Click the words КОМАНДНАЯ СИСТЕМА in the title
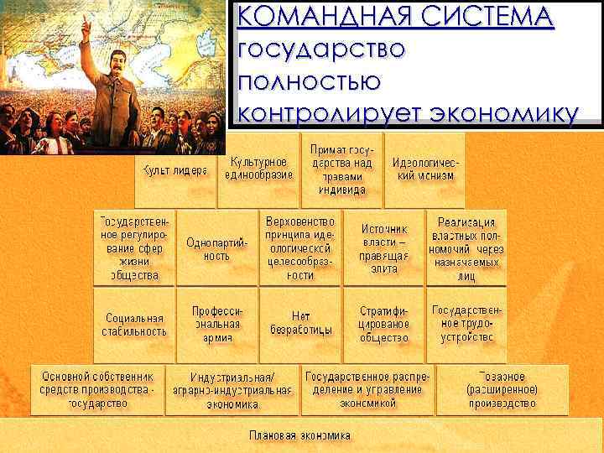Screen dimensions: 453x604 coord(395,17)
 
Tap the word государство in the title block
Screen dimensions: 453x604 coord(322,48)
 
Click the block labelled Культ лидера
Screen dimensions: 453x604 coord(174,170)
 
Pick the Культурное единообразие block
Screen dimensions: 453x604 coord(258,168)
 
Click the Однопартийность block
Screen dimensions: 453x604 coord(216,248)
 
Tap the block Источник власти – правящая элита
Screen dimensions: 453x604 coord(384,248)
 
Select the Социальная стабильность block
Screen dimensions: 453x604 coord(135,325)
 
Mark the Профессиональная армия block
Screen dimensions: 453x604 coord(217,324)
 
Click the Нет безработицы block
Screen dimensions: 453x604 coord(300,324)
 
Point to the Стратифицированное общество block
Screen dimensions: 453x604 coord(384,324)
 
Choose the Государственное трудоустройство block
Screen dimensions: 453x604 coord(468,324)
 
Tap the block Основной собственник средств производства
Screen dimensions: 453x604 coord(98,389)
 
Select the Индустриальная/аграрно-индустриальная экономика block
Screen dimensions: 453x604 coord(232,390)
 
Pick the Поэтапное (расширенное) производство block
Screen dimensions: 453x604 coord(502,389)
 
